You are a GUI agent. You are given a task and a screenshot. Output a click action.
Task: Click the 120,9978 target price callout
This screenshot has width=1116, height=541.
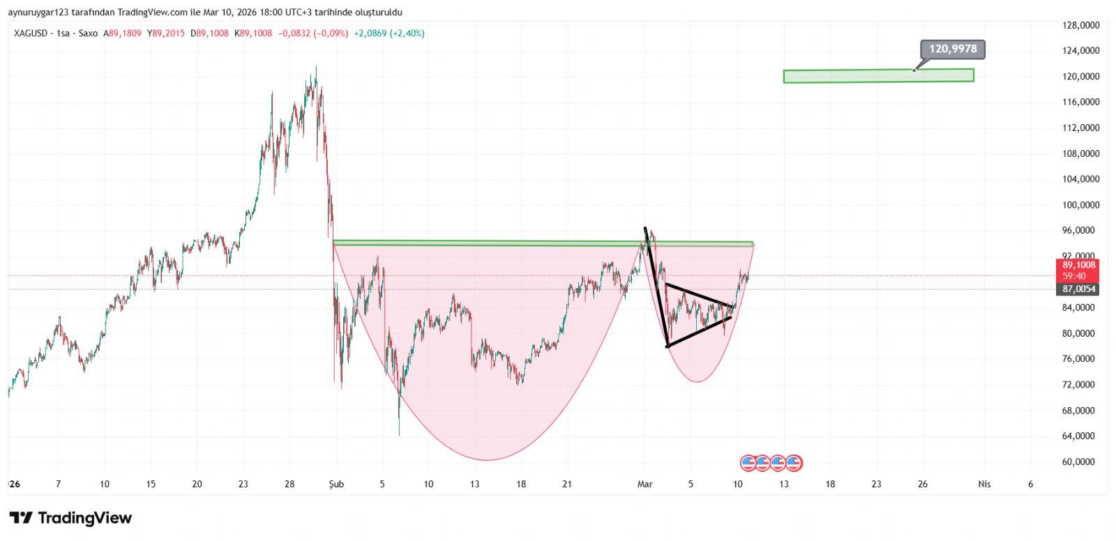click(953, 49)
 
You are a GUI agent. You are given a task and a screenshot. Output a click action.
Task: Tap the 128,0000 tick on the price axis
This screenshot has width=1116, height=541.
click(1080, 25)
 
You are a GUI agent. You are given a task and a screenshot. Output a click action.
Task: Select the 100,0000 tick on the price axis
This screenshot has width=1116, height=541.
click(1080, 205)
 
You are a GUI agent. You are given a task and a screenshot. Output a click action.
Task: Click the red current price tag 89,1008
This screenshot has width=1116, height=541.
click(1078, 266)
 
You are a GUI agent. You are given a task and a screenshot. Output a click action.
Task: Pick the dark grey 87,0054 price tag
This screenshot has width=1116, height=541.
click(1078, 289)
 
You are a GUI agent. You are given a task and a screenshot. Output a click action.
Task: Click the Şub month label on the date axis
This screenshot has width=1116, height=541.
click(336, 484)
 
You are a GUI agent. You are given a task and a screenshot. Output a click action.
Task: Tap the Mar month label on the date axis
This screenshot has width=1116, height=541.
click(645, 484)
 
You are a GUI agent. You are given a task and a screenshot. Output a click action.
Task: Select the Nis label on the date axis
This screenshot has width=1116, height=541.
click(984, 484)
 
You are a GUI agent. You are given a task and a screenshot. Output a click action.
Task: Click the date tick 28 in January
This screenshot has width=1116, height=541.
click(289, 484)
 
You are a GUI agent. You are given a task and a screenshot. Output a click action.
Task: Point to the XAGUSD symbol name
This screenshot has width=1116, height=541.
click(31, 33)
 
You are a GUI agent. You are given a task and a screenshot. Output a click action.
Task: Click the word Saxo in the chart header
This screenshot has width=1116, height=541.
click(88, 33)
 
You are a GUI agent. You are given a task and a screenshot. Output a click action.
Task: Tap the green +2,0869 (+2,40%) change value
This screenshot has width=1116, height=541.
click(389, 33)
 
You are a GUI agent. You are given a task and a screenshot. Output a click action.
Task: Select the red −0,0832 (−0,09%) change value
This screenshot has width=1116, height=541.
click(313, 33)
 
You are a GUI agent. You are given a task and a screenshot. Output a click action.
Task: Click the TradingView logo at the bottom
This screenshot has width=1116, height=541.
click(70, 518)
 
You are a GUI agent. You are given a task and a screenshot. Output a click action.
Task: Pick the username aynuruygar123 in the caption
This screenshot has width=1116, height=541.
click(38, 13)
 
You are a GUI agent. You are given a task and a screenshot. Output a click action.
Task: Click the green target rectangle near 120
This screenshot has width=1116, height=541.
click(878, 76)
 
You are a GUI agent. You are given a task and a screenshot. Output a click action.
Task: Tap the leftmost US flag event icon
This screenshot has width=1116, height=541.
click(748, 462)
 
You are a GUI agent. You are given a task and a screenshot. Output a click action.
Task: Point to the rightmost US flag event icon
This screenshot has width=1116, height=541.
click(794, 462)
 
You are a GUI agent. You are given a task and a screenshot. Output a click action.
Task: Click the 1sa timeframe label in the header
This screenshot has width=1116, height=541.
click(63, 33)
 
